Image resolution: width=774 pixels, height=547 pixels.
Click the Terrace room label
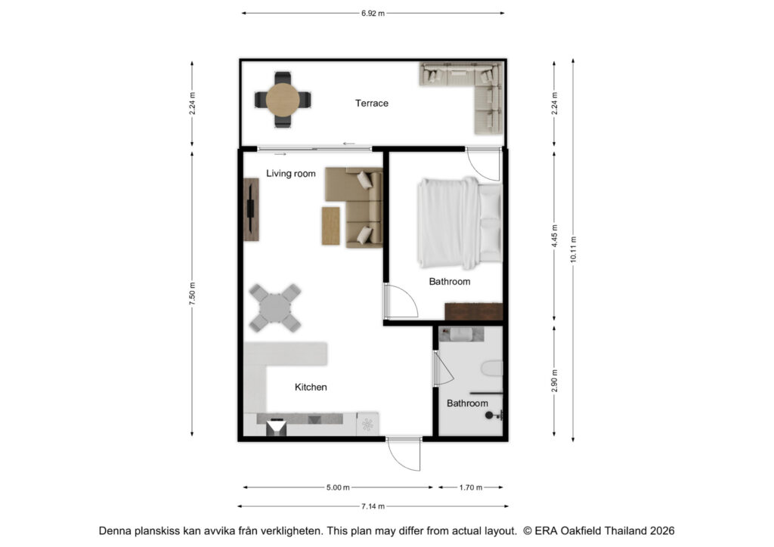coord(372,103)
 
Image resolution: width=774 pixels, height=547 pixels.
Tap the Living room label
coord(291,174)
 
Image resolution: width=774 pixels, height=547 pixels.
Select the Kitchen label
coord(311,387)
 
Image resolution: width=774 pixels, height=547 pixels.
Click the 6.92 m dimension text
coord(373,14)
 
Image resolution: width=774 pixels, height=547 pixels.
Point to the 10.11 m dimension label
coord(573,249)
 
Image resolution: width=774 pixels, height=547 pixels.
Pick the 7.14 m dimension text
coord(373,506)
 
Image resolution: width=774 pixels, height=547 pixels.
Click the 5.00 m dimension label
coord(338,487)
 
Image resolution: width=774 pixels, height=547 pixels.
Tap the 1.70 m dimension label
coord(470,487)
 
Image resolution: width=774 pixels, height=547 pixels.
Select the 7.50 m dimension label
coord(193,293)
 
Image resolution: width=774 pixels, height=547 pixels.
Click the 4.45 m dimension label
coord(554,236)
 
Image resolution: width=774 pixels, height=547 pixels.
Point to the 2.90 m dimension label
coord(554,381)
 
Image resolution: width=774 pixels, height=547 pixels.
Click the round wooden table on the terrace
coord(283,100)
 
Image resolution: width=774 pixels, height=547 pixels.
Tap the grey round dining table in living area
coord(275,307)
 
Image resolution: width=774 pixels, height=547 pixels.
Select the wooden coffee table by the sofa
coord(331,226)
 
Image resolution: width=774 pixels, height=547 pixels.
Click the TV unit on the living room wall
coord(251,209)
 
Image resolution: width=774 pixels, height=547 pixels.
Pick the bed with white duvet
coord(460,223)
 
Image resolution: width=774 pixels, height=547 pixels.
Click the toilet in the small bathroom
coord(492,369)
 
